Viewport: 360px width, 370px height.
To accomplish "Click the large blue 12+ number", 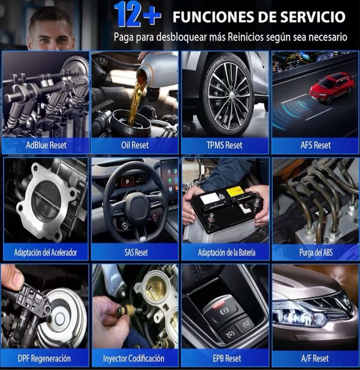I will point(137,15).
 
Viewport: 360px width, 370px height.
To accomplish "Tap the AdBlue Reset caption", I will point(46,145).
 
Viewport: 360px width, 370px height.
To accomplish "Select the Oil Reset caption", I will point(135,145).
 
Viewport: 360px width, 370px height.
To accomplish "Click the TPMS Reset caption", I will point(225,145).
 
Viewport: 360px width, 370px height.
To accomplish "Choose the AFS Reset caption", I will point(316,145).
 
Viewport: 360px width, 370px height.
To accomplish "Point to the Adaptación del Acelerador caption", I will point(46,252).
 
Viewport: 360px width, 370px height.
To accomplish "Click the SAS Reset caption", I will point(136,252).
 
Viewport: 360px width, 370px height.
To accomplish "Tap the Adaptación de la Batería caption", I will point(225,252).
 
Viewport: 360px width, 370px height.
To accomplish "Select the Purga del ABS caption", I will point(316,252).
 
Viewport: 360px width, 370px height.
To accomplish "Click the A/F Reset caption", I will point(316,358).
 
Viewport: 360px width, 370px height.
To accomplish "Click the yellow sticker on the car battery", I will point(235,191).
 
